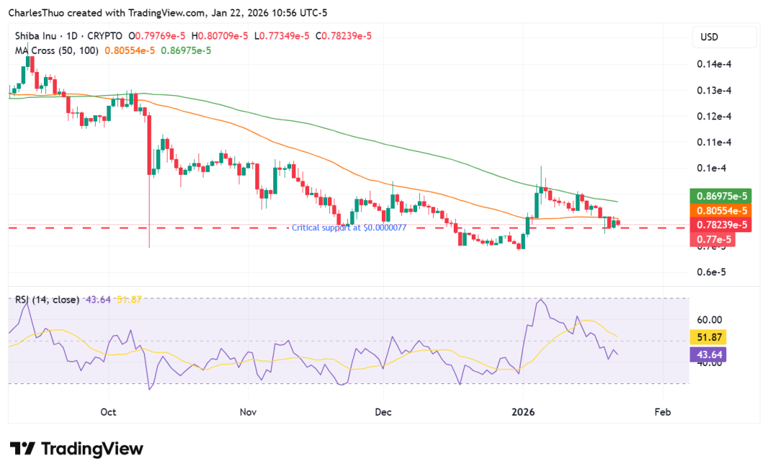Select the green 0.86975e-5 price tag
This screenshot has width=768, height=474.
pyautogui.click(x=721, y=196)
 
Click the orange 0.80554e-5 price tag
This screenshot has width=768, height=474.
pyautogui.click(x=721, y=210)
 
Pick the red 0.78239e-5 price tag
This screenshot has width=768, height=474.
pyautogui.click(x=721, y=224)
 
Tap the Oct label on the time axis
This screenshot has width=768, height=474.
pyautogui.click(x=109, y=412)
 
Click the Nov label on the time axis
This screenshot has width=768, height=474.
pyautogui.click(x=247, y=412)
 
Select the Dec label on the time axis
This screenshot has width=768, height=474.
pyautogui.click(x=383, y=412)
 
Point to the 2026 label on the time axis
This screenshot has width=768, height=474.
pyautogui.click(x=523, y=412)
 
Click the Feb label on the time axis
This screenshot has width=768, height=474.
pyautogui.click(x=662, y=412)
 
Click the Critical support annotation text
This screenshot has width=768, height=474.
pyautogui.click(x=349, y=227)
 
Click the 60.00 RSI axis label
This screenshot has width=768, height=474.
pyautogui.click(x=711, y=319)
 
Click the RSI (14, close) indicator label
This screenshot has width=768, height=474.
pyautogui.click(x=47, y=299)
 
